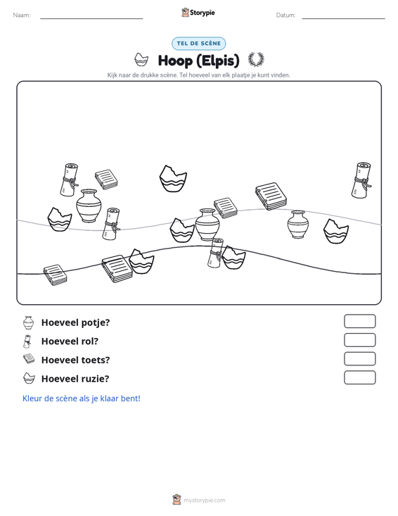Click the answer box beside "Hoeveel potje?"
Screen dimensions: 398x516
click(359, 321)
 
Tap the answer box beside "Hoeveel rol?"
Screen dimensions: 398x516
click(359, 340)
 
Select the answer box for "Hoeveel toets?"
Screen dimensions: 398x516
click(359, 359)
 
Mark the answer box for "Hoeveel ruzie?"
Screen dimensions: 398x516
click(359, 377)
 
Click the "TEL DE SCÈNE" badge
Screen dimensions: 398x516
click(198, 44)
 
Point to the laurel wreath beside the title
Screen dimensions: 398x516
click(256, 60)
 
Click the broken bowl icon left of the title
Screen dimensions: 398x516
click(141, 60)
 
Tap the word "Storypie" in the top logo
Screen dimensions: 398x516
click(203, 13)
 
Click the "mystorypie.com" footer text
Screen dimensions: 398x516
click(204, 501)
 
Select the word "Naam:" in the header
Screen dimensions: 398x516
click(22, 15)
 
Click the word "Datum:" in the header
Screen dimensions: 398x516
click(285, 15)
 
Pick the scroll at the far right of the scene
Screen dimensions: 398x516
click(361, 180)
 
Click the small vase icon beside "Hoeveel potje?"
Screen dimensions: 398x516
click(29, 323)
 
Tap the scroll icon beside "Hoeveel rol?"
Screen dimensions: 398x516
click(27, 341)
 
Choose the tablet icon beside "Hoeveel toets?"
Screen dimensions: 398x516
click(29, 359)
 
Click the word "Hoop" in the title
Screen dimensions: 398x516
click(175, 61)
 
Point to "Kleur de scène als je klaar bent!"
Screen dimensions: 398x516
click(81, 398)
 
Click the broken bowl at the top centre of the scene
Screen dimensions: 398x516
click(173, 179)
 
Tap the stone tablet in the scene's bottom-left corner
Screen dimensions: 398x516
click(56, 275)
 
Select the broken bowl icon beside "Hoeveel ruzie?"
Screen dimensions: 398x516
click(29, 378)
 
